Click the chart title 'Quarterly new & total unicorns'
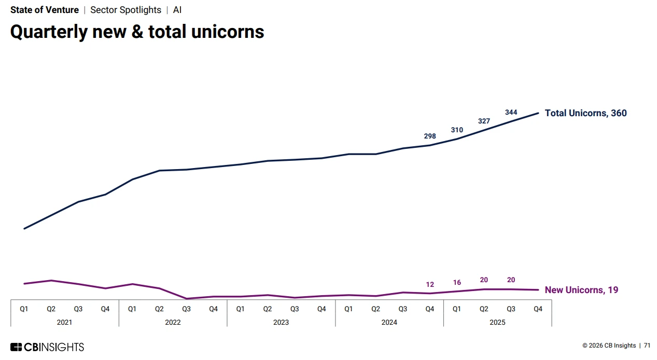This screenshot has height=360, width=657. point(137,32)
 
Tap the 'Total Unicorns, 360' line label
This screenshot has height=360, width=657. point(585,113)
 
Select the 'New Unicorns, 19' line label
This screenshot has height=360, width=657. point(581,290)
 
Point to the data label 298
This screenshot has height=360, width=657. point(430,136)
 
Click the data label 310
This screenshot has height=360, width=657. point(457,130)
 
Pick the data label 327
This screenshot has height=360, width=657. point(484,121)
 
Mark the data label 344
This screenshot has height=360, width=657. point(511,113)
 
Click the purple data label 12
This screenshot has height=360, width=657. point(430,285)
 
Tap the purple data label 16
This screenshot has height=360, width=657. point(457,283)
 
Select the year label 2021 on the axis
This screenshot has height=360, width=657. point(64,322)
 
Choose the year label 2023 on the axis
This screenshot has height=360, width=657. point(281,322)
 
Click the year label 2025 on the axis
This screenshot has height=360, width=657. point(497,322)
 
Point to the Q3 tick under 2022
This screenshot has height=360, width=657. point(186,309)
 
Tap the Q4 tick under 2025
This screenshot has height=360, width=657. point(538,309)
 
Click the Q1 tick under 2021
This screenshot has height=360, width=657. point(24,309)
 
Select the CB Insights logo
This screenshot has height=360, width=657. point(47,347)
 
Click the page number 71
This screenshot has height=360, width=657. point(647,346)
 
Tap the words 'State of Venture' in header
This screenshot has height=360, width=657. point(45,10)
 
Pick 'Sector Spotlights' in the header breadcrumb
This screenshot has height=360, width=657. point(125,10)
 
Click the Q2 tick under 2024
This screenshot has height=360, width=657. point(375,309)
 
